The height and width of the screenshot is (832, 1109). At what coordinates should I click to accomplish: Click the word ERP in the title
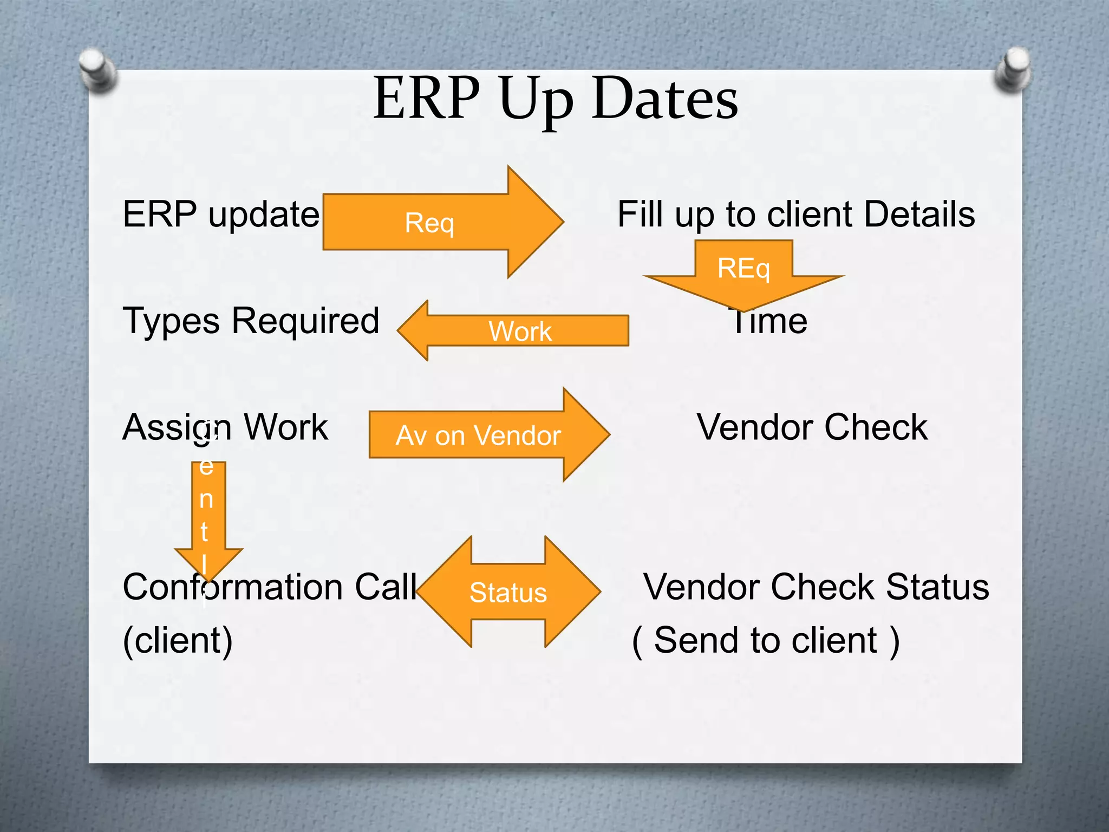[426, 99]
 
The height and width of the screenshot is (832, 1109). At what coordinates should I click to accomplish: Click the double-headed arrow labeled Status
[508, 592]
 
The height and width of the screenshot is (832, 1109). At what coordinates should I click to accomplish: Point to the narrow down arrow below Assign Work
[208, 515]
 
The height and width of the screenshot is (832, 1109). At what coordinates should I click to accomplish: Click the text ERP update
[221, 214]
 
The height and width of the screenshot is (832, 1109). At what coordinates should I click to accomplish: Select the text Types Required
[251, 321]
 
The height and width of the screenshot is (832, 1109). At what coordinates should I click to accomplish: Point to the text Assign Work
[225, 427]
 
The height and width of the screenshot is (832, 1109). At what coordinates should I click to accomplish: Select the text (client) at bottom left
[178, 641]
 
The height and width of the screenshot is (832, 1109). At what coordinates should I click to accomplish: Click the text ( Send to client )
[766, 641]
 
